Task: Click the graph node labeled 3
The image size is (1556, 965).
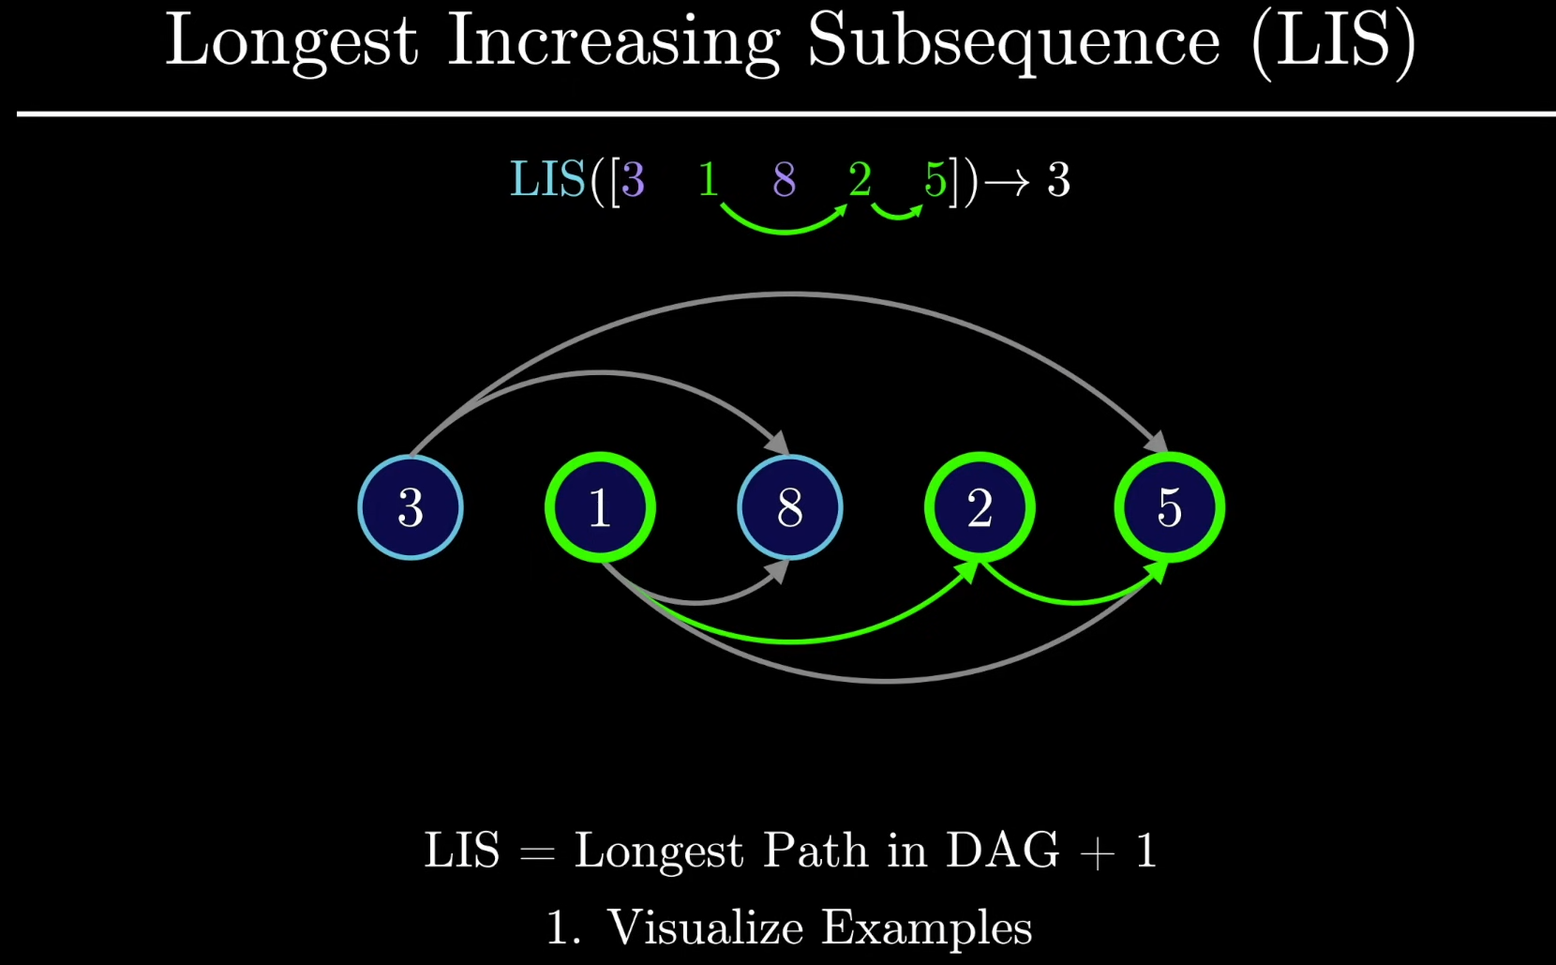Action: (x=411, y=507)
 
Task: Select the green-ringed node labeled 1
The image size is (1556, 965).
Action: (x=600, y=507)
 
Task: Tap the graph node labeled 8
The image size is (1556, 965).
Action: (x=790, y=507)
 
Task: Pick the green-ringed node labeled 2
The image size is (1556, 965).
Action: (x=980, y=507)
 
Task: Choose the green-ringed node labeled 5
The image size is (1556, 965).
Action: (x=1170, y=507)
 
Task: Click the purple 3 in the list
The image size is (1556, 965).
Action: (x=633, y=179)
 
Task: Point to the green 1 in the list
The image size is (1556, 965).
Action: (x=708, y=179)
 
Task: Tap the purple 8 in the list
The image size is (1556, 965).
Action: (x=785, y=179)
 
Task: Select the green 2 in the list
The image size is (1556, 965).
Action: (x=860, y=179)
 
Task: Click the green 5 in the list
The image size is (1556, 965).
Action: (x=935, y=179)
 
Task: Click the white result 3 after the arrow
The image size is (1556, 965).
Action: (x=1058, y=179)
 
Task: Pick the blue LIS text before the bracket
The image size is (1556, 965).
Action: (x=548, y=179)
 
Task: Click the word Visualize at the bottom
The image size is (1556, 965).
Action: (x=704, y=927)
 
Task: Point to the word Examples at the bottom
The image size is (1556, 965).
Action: (x=927, y=928)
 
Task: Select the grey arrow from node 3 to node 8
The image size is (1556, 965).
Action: (x=602, y=374)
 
